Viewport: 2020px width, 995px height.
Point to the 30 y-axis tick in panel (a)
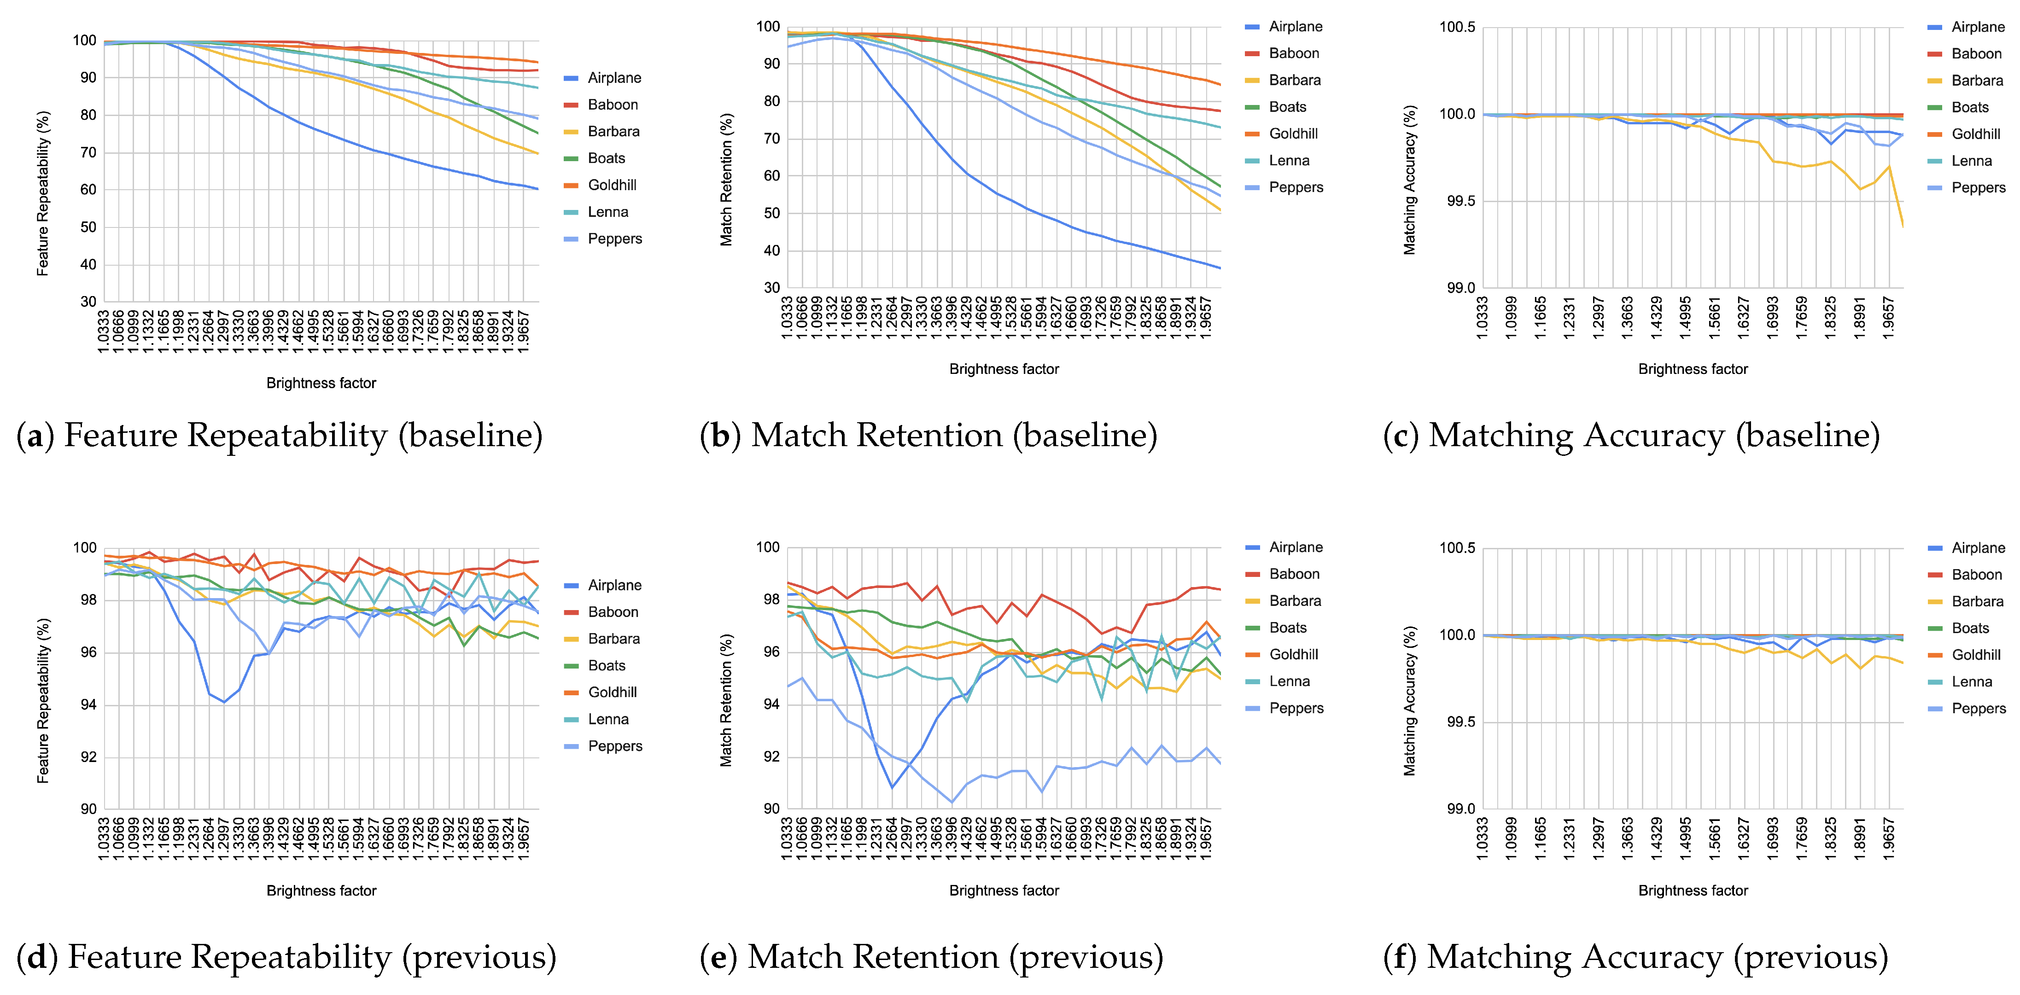pyautogui.click(x=88, y=302)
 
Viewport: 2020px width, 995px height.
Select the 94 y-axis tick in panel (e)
pyautogui.click(x=771, y=704)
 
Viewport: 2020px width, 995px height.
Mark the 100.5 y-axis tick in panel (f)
pyautogui.click(x=1457, y=548)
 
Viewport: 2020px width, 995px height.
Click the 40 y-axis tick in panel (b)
pyautogui.click(x=771, y=251)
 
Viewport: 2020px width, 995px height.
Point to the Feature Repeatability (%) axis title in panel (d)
pyautogui.click(x=43, y=700)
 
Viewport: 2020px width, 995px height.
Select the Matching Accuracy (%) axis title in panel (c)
pyautogui.click(x=1410, y=180)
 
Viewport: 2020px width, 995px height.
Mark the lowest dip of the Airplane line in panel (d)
pyautogui.click(x=224, y=702)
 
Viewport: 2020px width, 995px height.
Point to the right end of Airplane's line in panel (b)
pyautogui.click(x=1220, y=268)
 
